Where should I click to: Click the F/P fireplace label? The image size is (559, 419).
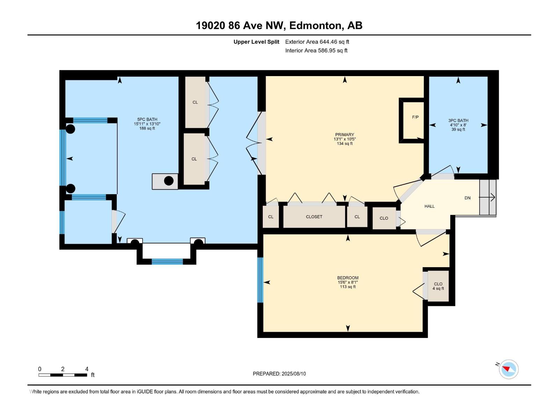[x=415, y=117]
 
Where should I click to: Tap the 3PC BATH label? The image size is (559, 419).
[x=458, y=120]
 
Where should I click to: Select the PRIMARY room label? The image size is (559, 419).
[x=344, y=134]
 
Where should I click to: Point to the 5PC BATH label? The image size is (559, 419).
[x=147, y=119]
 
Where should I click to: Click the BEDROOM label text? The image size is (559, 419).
[x=348, y=278]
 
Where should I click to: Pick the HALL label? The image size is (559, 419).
[x=429, y=206]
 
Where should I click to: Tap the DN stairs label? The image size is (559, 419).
[x=467, y=198]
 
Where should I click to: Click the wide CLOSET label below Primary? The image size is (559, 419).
[x=314, y=217]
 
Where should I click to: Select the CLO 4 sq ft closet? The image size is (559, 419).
[x=438, y=286]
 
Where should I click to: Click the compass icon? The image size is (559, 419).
[x=508, y=369]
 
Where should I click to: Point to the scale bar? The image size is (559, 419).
[x=63, y=375]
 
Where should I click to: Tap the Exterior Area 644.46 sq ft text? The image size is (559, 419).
[x=317, y=42]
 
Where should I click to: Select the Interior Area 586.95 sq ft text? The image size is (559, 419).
[x=316, y=50]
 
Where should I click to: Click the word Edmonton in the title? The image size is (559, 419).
[x=315, y=25]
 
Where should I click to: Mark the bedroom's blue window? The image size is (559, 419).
[x=260, y=280]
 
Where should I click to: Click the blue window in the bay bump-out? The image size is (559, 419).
[x=167, y=261]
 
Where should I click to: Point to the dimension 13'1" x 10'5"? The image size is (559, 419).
[x=344, y=139]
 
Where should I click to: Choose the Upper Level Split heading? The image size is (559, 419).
[x=256, y=42]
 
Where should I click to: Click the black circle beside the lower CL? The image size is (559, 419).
[x=169, y=181]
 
